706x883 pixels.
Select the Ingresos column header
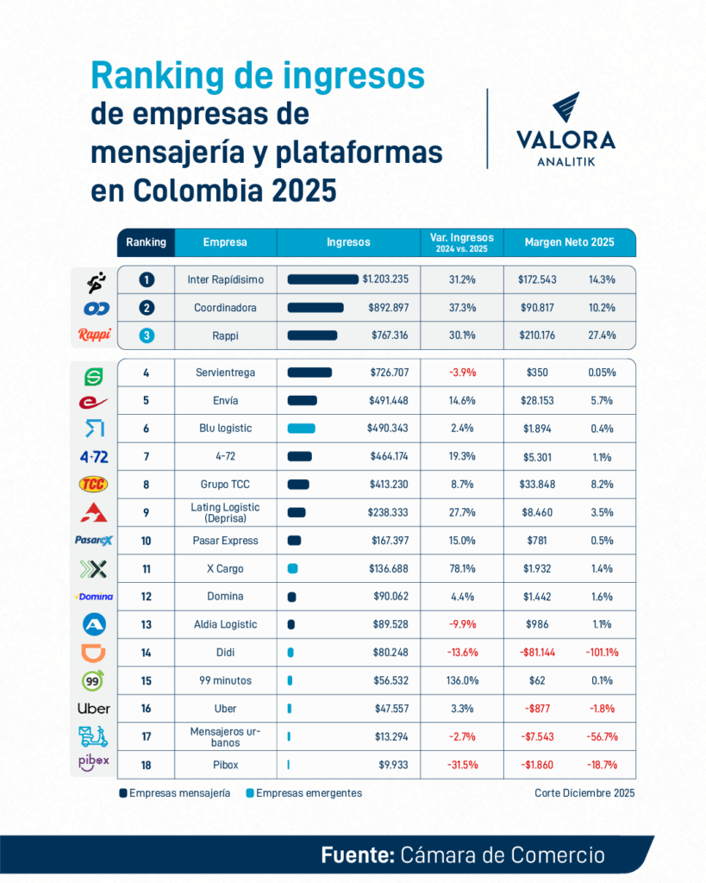click(x=348, y=242)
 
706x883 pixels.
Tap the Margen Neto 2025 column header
click(x=569, y=242)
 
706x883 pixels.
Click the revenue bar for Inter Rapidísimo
click(x=322, y=279)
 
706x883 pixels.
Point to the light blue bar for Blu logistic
click(x=301, y=429)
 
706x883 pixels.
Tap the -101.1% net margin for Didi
click(x=602, y=653)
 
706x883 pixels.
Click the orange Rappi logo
click(x=93, y=335)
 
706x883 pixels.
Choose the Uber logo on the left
click(x=93, y=709)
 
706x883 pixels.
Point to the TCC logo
click(x=93, y=484)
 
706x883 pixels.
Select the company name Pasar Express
click(x=224, y=541)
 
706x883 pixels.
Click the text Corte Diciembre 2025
click(x=584, y=792)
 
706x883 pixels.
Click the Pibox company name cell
click(x=224, y=765)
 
